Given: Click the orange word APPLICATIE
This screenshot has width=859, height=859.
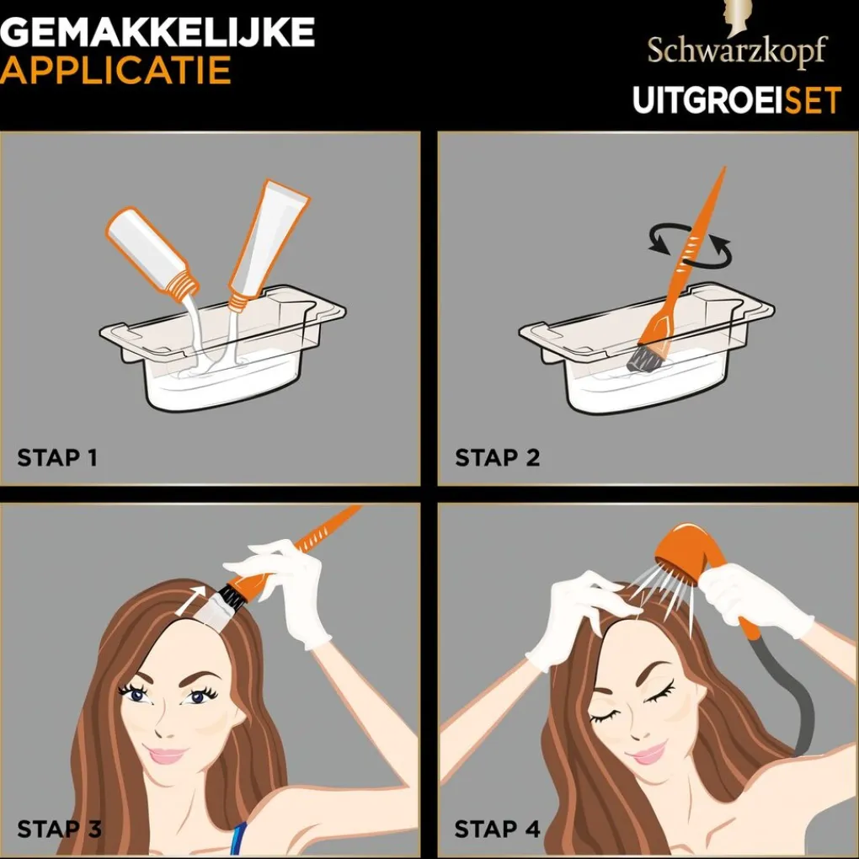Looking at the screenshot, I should pyautogui.click(x=115, y=71).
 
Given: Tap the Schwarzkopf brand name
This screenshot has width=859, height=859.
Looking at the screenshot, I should pyautogui.click(x=737, y=51).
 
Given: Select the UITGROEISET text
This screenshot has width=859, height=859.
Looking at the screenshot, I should pyautogui.click(x=737, y=100).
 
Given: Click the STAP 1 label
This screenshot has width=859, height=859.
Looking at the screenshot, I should pyautogui.click(x=57, y=458).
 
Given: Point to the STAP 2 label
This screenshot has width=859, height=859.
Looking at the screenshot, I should pyautogui.click(x=497, y=458).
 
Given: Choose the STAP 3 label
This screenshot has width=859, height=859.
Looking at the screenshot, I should pyautogui.click(x=59, y=828).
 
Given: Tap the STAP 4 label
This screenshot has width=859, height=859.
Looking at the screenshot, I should pyautogui.click(x=497, y=828).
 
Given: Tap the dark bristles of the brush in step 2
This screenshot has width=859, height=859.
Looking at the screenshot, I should pyautogui.click(x=647, y=355).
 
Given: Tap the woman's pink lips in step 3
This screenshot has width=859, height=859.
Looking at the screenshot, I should pyautogui.click(x=166, y=755).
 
